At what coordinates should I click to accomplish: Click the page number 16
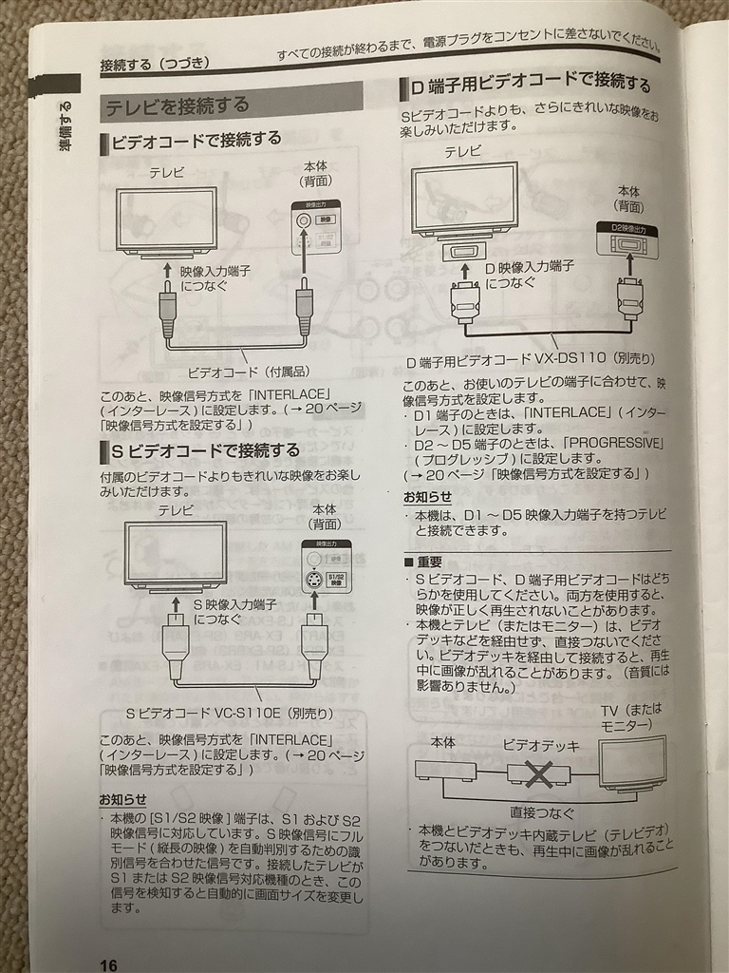point(108,965)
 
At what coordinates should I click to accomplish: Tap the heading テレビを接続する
point(178,105)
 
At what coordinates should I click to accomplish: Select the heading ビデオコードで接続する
point(196,141)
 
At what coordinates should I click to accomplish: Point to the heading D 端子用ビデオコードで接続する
point(530,87)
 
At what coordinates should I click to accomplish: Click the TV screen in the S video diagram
point(175,552)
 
